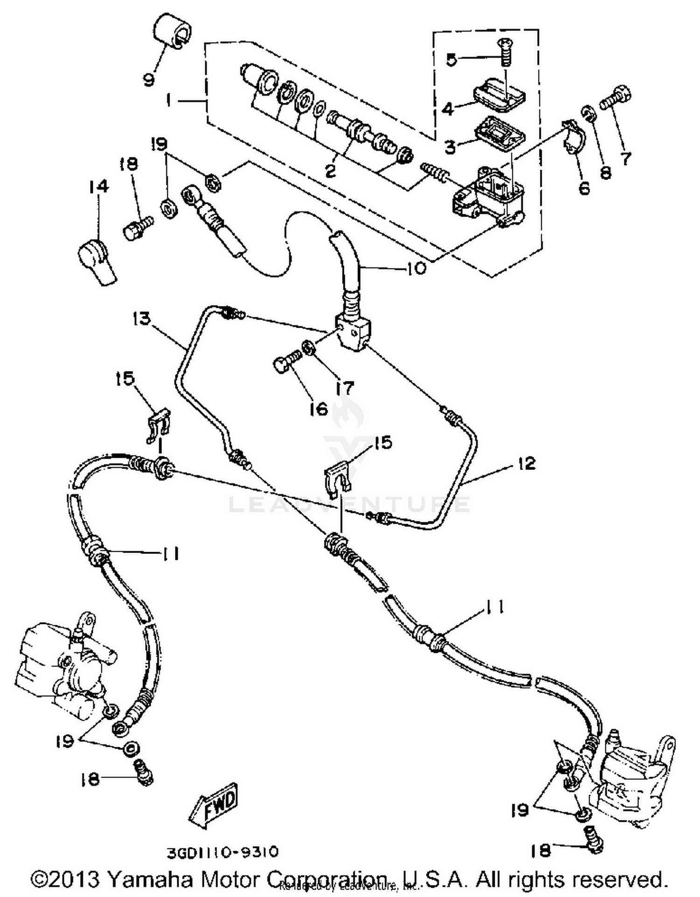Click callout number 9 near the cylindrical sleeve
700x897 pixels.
(x=148, y=80)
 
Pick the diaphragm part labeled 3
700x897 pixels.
(x=499, y=132)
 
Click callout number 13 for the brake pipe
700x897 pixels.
(x=141, y=319)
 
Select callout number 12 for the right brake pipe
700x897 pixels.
(x=526, y=463)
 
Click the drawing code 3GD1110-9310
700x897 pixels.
(x=223, y=852)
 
